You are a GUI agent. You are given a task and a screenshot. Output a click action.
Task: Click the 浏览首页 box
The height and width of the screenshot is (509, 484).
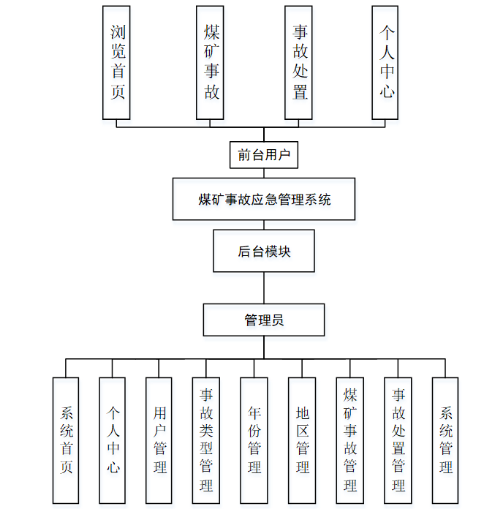(x=117, y=62)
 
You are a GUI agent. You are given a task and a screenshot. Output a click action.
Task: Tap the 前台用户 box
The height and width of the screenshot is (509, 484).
(x=264, y=155)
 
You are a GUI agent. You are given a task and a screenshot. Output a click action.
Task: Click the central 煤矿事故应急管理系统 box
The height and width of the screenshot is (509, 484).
(x=264, y=199)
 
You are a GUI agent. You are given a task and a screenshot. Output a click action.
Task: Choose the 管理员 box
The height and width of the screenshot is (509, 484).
(x=264, y=320)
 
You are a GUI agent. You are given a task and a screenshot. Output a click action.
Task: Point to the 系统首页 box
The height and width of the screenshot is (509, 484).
(x=66, y=440)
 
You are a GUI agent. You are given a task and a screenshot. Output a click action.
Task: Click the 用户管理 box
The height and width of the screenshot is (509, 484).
(x=159, y=440)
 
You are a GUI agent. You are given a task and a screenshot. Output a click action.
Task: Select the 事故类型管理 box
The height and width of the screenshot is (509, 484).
(x=206, y=440)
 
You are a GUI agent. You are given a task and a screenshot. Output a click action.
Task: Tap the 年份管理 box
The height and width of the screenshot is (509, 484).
(x=254, y=440)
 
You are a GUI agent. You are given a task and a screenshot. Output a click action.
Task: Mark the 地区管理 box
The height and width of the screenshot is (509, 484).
(x=301, y=440)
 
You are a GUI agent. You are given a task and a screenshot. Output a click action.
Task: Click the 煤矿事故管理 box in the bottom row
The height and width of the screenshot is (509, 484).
(x=349, y=440)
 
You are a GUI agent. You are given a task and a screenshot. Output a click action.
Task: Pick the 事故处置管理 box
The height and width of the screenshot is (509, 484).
(x=398, y=440)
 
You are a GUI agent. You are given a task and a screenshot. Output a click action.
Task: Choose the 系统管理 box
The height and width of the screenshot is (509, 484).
(x=445, y=440)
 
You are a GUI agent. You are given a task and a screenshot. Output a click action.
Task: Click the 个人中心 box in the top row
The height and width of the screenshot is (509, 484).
(x=386, y=62)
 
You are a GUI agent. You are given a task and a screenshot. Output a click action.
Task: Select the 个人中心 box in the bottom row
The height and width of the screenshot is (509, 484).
(x=113, y=440)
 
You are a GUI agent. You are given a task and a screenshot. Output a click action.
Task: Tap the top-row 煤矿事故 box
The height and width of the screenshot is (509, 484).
(x=211, y=62)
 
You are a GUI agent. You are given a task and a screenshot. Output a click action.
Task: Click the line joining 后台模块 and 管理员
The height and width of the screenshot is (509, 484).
(x=264, y=287)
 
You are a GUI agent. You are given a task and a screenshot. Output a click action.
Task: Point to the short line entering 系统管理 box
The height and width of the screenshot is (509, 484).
(x=445, y=369)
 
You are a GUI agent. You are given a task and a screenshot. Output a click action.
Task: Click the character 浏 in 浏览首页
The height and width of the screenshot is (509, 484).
(x=117, y=33)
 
